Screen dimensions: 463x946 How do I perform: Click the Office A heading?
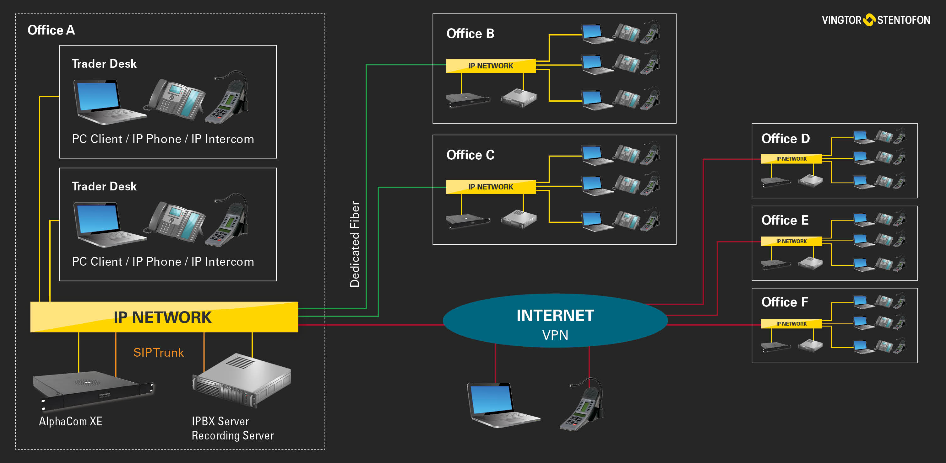click(51, 30)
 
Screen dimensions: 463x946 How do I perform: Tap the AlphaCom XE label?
click(70, 421)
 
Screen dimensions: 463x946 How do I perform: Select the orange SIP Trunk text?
click(158, 353)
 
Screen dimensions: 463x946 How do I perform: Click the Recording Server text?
click(232, 435)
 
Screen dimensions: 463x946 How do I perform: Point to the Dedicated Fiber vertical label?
click(355, 244)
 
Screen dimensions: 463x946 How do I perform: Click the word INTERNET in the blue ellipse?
click(555, 316)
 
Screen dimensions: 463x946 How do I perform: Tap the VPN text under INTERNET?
click(555, 335)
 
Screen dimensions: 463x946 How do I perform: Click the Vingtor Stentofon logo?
click(876, 20)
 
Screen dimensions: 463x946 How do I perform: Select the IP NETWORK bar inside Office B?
click(491, 66)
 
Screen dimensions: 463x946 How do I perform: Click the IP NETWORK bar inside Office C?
click(491, 187)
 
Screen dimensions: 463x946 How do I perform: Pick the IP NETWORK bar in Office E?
click(791, 241)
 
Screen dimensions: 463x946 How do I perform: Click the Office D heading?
click(785, 139)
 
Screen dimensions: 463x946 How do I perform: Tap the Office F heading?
click(785, 302)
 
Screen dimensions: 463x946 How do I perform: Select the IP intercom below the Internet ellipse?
click(584, 405)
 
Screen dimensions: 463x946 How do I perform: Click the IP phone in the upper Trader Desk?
click(176, 99)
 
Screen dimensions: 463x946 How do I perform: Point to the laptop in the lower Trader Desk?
click(106, 224)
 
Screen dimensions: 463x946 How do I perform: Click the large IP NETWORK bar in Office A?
click(164, 317)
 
